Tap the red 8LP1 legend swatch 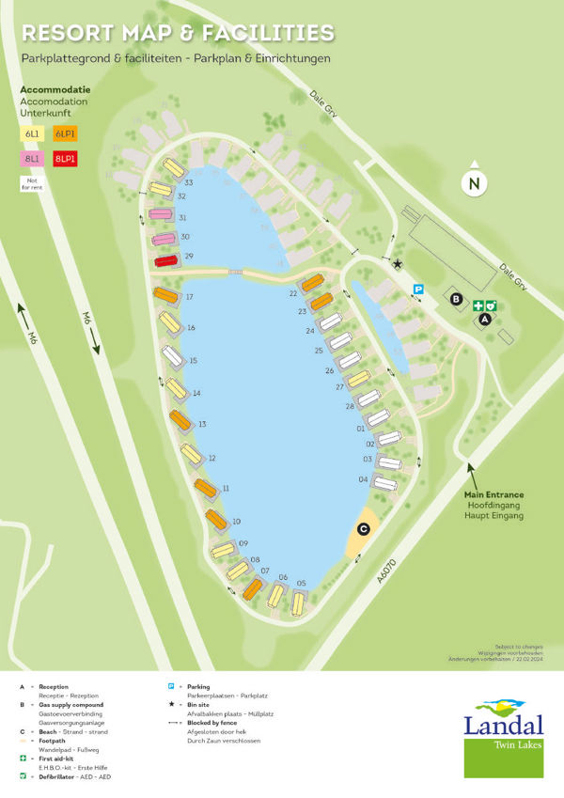65,159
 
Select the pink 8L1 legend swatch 32,159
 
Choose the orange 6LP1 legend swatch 65,134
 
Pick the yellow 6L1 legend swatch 32,134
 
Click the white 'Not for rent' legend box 32,183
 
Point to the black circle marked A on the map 485,320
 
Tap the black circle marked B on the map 457,300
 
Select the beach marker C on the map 363,529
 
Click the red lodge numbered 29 166,260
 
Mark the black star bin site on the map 398,264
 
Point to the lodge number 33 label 189,182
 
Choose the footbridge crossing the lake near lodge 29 236,272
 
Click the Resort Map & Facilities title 178,34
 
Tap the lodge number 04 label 363,479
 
